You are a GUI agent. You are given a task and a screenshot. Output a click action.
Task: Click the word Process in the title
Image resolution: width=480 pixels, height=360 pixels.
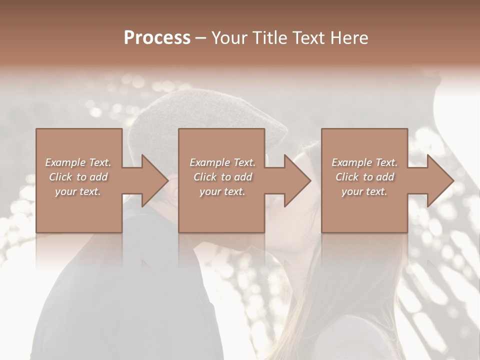click(157, 38)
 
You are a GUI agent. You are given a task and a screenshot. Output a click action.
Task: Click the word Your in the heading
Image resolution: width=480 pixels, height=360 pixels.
click(229, 38)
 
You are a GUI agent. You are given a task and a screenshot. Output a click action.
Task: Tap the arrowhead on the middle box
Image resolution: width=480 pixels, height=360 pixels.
click(296, 180)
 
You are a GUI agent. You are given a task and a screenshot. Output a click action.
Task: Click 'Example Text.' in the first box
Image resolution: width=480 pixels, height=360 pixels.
click(78, 162)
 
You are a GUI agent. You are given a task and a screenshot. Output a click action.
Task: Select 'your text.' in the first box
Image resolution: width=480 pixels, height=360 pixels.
click(78, 191)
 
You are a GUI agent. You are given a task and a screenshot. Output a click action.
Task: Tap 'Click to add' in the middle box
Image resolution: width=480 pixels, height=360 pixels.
click(222, 177)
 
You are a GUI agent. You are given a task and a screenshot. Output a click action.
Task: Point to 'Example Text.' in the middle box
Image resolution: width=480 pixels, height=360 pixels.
click(222, 162)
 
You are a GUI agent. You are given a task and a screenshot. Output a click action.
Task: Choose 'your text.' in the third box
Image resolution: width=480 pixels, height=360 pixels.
click(364, 191)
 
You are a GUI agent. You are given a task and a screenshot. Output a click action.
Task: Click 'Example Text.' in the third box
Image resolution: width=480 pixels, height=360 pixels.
click(364, 162)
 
